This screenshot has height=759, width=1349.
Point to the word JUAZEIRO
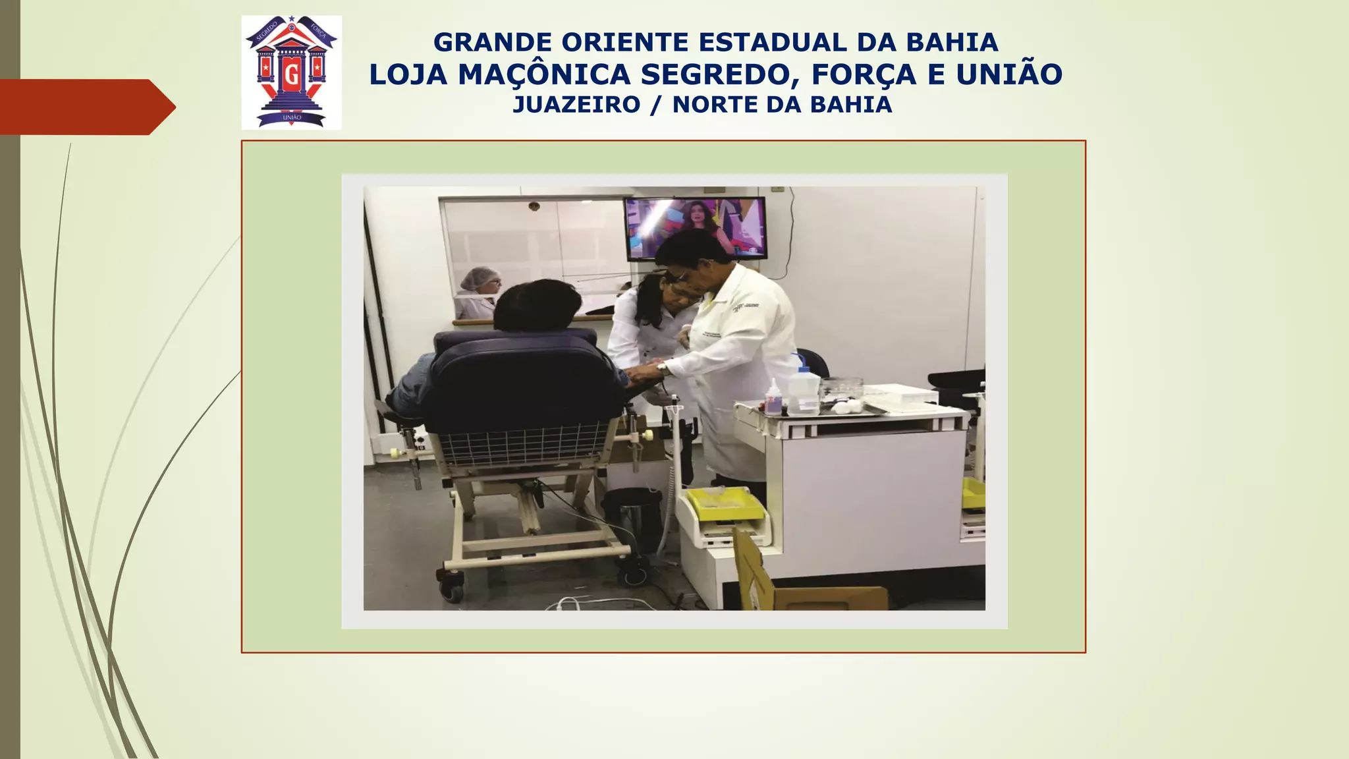tap(576, 105)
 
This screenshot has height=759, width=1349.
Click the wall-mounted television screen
tap(696, 227)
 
